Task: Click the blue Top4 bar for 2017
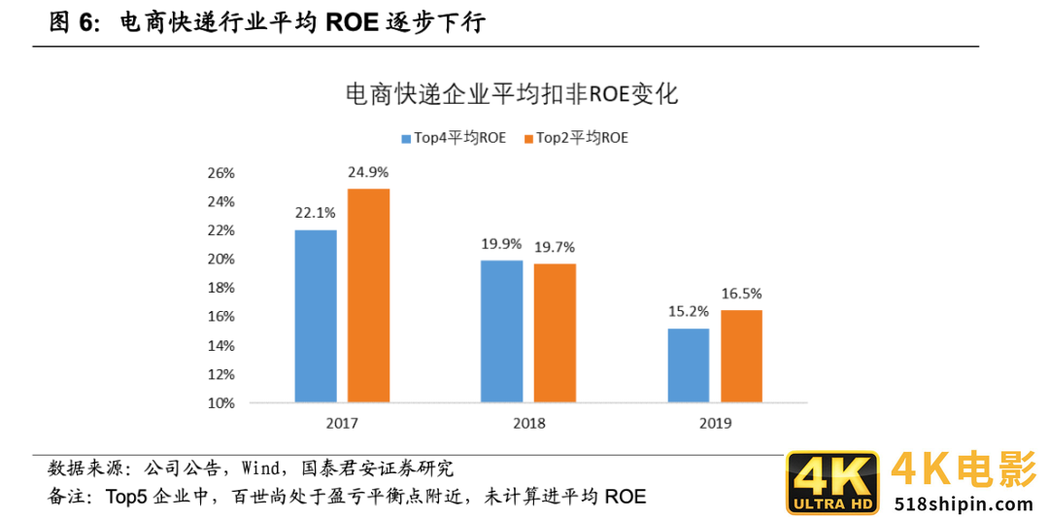(316, 316)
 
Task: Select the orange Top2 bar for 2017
(368, 295)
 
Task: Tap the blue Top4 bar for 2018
(502, 331)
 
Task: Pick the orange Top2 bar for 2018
(555, 332)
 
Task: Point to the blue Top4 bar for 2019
(689, 364)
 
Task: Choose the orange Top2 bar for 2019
(741, 356)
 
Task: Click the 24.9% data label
(368, 173)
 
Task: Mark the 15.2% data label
(689, 313)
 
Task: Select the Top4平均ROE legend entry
(454, 138)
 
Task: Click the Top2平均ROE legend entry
(576, 138)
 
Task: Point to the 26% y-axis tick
(220, 173)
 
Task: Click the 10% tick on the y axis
(220, 402)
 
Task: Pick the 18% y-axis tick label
(220, 288)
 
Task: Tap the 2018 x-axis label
(528, 423)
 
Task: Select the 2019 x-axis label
(715, 423)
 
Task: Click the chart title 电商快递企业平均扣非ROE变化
(512, 95)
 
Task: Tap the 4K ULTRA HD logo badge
(832, 482)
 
